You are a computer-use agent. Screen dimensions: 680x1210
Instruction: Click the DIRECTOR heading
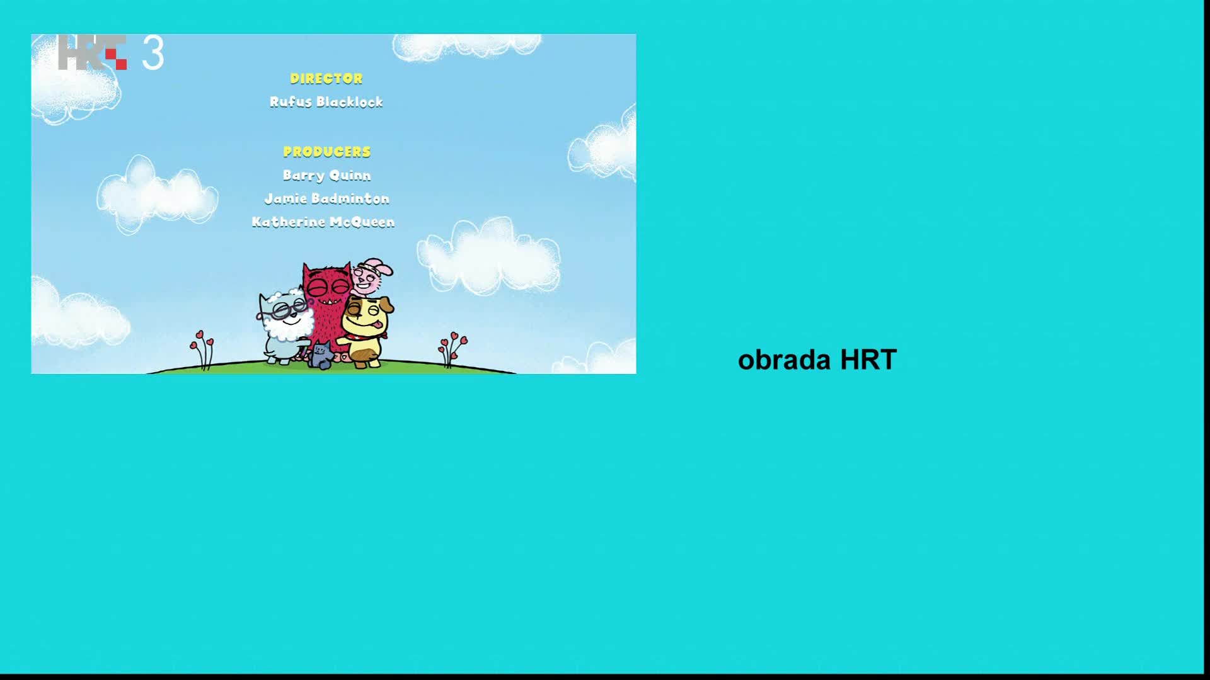point(326,79)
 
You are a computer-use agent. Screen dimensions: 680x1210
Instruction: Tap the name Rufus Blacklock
point(326,102)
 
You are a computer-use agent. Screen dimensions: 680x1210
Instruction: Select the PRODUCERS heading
point(326,152)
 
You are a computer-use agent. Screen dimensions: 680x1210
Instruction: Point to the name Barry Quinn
point(326,176)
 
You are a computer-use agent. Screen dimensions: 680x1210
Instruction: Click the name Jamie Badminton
point(326,199)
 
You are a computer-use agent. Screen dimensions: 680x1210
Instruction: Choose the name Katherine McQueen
point(323,222)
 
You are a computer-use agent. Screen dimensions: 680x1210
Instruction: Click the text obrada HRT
point(817,360)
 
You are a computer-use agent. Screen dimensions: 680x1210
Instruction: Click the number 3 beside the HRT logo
point(153,53)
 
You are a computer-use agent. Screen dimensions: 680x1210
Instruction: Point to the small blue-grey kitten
point(321,356)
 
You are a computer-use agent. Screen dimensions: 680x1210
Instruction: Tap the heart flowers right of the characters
point(452,348)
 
